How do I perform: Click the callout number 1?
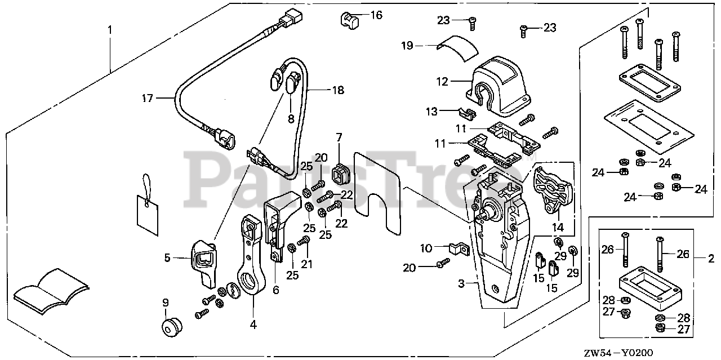pyautogui.click(x=110, y=28)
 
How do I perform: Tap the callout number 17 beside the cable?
pyautogui.click(x=148, y=99)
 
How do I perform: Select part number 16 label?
pyautogui.click(x=376, y=15)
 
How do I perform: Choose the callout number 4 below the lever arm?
pyautogui.click(x=253, y=325)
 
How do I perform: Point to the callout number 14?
pyautogui.click(x=558, y=228)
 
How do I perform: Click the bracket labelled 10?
pyautogui.click(x=460, y=248)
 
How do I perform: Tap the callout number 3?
pyautogui.click(x=461, y=285)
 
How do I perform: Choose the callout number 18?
pyautogui.click(x=338, y=90)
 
